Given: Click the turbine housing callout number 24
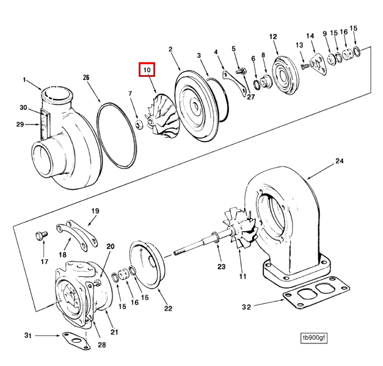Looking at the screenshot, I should (339, 162).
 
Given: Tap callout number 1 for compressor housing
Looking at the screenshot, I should (25, 80).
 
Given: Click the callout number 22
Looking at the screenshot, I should (168, 308).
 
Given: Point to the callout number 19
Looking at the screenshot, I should (95, 211).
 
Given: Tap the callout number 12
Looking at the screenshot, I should (273, 37).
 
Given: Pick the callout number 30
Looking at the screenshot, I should (23, 108).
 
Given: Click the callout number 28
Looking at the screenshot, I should (101, 345).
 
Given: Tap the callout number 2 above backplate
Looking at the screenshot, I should (170, 49).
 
